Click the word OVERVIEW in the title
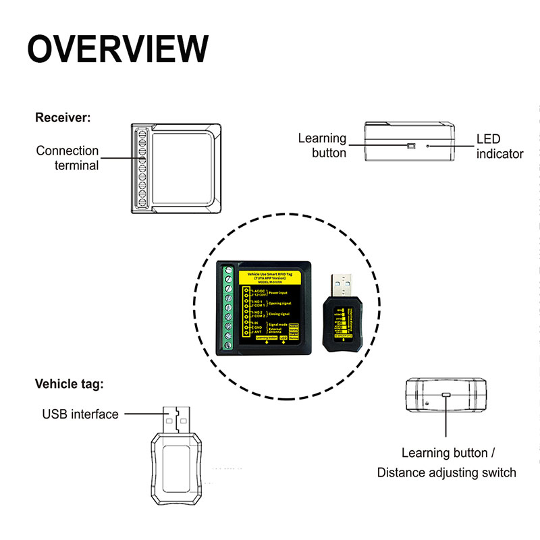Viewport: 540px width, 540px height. pyautogui.click(x=118, y=49)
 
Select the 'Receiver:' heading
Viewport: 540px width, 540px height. pyautogui.click(x=63, y=118)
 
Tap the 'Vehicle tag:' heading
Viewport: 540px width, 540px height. pyautogui.click(x=70, y=384)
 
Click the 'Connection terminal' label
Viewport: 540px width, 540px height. pyautogui.click(x=67, y=158)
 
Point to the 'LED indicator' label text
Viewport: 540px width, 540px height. pyautogui.click(x=500, y=146)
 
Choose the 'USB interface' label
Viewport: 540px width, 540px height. pyautogui.click(x=80, y=414)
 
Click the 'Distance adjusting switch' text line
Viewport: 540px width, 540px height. pyautogui.click(x=446, y=473)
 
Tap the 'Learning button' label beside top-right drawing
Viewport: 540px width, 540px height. pyautogui.click(x=323, y=145)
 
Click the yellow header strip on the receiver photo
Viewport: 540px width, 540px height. pyautogui.click(x=273, y=276)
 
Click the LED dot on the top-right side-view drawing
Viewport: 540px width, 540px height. pyautogui.click(x=427, y=144)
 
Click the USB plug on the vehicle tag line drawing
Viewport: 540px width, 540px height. pyautogui.click(x=176, y=420)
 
